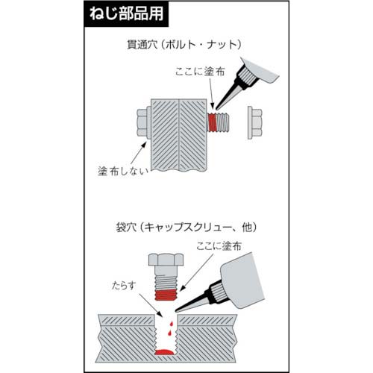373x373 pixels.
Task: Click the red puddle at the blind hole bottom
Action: [x=165, y=351]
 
